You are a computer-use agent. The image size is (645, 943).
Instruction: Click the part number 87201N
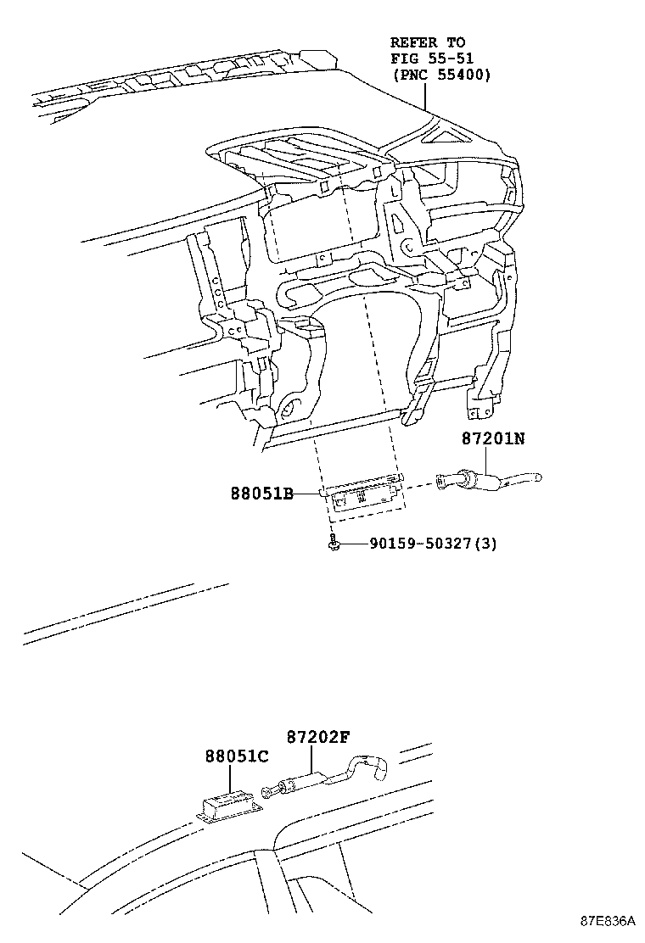click(x=494, y=438)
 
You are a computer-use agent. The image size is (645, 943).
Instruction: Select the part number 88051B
click(x=261, y=494)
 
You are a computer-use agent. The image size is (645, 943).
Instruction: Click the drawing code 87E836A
click(x=608, y=921)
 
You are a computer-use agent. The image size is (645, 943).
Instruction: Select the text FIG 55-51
click(x=432, y=59)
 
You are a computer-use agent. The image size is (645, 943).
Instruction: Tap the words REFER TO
click(x=428, y=42)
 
